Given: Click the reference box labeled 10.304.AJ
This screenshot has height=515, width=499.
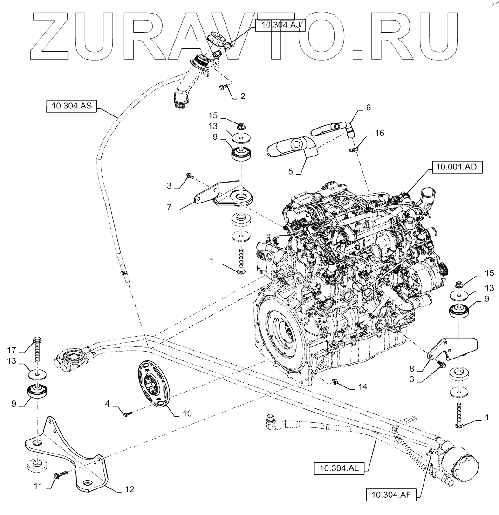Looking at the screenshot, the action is tap(280, 27).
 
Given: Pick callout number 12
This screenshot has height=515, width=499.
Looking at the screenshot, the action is tap(130, 489).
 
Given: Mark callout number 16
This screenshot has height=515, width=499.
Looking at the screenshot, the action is tap(380, 133).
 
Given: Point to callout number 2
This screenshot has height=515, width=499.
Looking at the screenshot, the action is tap(242, 96).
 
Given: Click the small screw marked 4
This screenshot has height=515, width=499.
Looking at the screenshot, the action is tap(127, 413).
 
